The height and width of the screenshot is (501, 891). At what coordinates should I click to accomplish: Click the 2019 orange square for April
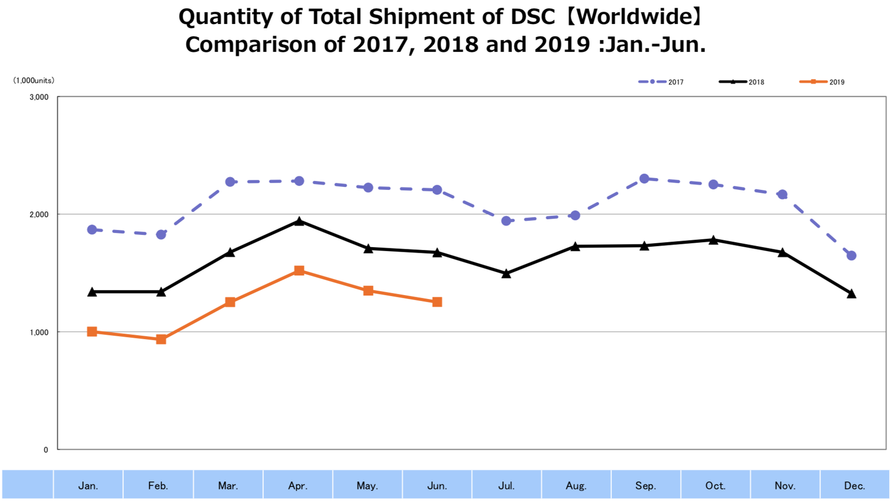point(299,271)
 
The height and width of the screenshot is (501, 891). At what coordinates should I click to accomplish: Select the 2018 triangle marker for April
point(299,222)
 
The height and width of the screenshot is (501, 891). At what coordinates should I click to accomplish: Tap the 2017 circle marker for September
point(644,179)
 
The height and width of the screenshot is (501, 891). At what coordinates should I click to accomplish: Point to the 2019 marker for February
point(161,339)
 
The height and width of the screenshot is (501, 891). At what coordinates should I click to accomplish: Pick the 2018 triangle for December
point(851,293)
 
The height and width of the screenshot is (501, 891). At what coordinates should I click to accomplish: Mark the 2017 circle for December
point(851,256)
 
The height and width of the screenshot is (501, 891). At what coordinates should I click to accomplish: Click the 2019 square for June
point(437,302)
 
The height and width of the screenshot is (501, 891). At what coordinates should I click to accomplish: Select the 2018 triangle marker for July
point(506,273)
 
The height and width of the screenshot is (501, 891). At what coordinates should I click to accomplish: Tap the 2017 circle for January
point(92,229)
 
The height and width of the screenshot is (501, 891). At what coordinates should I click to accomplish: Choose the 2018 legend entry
point(742,82)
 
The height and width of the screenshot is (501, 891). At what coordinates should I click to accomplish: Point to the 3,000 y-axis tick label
point(39,97)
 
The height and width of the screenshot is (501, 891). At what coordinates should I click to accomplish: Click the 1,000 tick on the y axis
point(39,332)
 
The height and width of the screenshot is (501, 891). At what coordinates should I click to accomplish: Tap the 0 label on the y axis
point(46,450)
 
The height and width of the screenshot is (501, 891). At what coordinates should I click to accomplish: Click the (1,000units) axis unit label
point(34,81)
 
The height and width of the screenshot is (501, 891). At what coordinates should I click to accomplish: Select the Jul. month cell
point(506,485)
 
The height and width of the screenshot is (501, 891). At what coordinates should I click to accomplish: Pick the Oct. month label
point(715,485)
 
